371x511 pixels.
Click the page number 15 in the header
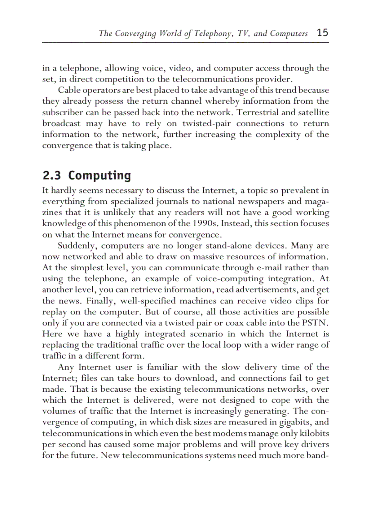[322, 33]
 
